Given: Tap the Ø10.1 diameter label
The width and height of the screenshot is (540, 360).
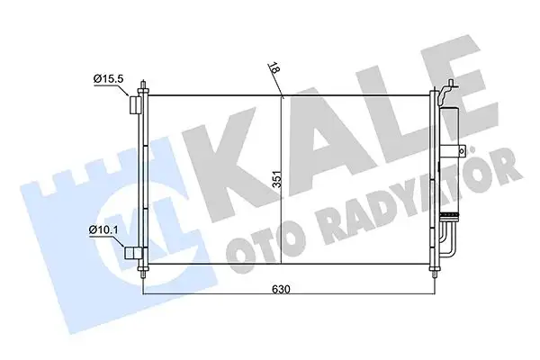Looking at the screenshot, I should pyautogui.click(x=104, y=231).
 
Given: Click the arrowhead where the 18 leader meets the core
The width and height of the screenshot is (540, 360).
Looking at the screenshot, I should pyautogui.click(x=283, y=95).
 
